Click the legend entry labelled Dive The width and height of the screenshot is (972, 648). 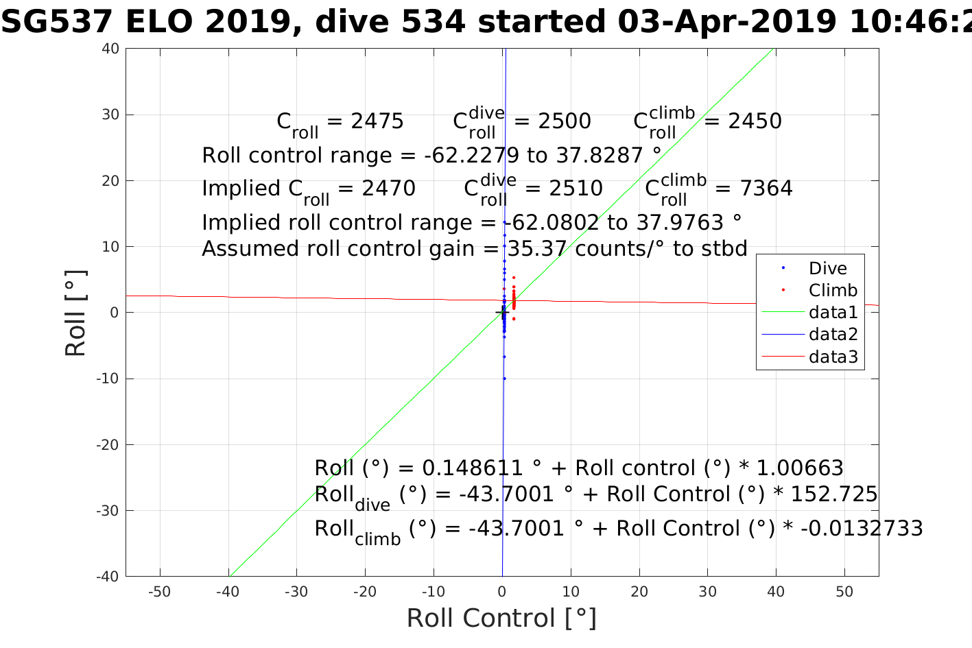[x=827, y=269]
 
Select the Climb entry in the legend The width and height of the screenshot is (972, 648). [x=833, y=291]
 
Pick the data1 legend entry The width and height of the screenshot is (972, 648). [x=833, y=313]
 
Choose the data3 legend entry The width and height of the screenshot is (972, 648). [x=833, y=357]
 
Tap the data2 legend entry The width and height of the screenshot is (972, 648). [x=833, y=335]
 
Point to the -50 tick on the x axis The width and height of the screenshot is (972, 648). [x=160, y=592]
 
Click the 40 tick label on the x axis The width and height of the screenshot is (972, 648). [x=776, y=592]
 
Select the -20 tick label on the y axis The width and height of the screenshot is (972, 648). [x=108, y=445]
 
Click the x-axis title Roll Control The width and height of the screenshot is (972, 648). [x=501, y=618]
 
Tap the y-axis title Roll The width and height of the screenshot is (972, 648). [x=75, y=313]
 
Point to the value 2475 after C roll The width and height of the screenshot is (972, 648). [x=377, y=121]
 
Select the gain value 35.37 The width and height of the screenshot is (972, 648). [x=537, y=248]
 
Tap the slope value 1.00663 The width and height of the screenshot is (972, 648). [x=800, y=468]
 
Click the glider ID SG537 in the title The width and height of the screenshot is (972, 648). [x=56, y=22]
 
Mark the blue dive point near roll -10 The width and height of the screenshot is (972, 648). [x=504, y=379]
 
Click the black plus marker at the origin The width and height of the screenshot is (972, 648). [x=502, y=313]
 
